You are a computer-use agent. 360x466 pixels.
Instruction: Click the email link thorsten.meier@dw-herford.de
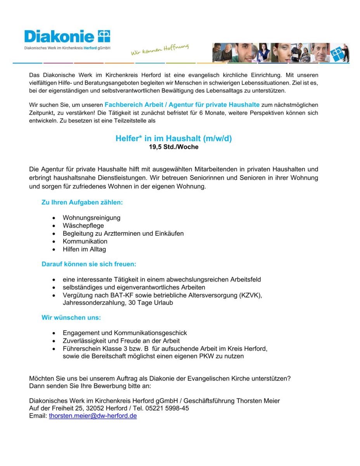[x=93, y=416]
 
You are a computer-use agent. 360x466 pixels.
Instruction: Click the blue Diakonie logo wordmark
[x=59, y=37]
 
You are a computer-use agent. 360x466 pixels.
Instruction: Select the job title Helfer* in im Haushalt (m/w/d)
[x=173, y=139]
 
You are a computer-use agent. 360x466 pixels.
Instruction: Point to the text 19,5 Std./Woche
[x=173, y=147]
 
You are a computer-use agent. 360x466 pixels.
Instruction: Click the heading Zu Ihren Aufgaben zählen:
[x=82, y=202]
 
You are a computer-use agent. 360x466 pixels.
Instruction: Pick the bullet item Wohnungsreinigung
[x=92, y=218]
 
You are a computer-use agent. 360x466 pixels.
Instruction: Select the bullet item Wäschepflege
[x=83, y=226]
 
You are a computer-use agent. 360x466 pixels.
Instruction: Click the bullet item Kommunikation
[x=85, y=241]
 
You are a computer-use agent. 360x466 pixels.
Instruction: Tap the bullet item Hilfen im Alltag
[x=84, y=249]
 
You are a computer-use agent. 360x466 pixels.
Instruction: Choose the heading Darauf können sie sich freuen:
[x=89, y=264]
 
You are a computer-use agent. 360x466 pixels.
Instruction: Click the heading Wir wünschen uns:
[x=71, y=318]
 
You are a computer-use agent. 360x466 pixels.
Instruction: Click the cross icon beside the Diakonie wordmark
[x=104, y=36]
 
